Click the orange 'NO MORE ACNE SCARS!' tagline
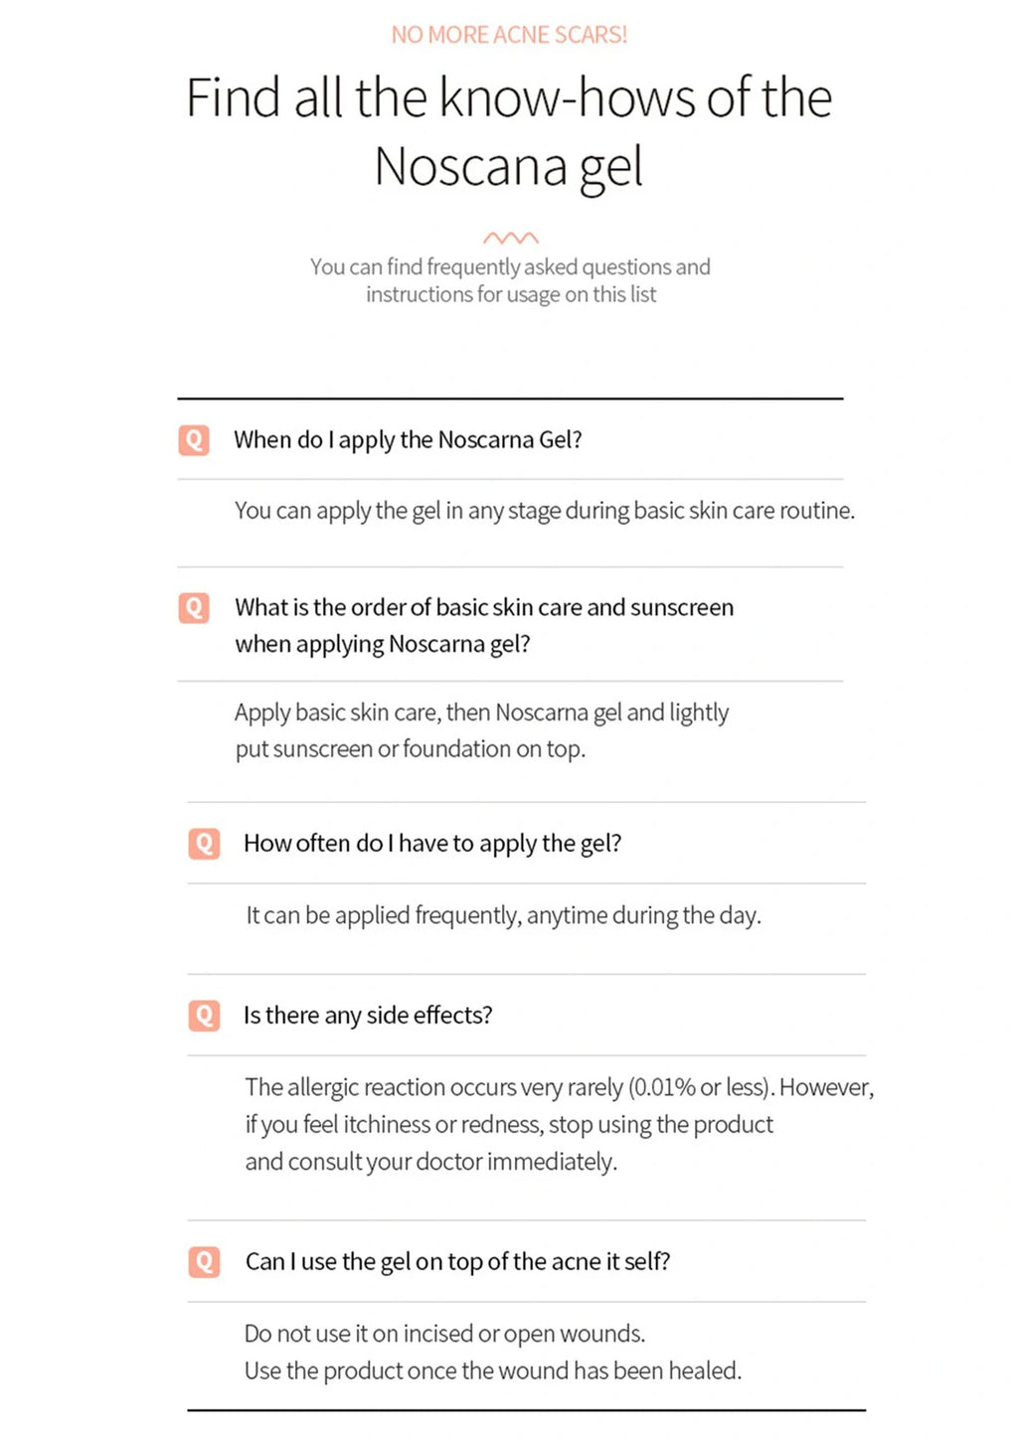(509, 35)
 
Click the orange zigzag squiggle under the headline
(510, 238)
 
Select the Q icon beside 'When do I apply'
(194, 439)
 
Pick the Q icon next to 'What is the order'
(194, 607)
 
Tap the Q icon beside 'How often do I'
(204, 844)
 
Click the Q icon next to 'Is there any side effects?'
(204, 1015)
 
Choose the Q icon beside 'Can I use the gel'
(204, 1261)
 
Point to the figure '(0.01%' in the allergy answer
(661, 1087)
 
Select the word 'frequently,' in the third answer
(467, 915)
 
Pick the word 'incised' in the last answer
(437, 1334)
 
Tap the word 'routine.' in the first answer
(816, 511)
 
